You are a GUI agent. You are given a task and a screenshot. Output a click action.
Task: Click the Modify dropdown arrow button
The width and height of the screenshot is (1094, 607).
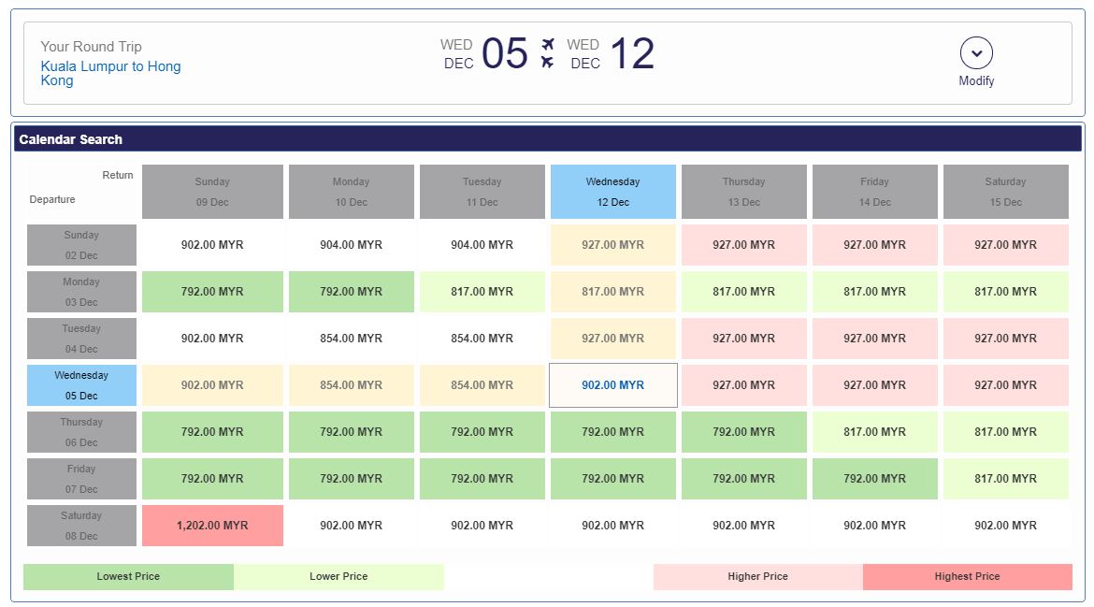976,53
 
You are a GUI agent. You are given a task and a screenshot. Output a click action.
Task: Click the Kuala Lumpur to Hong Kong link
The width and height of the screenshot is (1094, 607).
110,73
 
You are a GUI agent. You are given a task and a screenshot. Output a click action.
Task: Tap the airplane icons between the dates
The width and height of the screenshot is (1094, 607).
548,53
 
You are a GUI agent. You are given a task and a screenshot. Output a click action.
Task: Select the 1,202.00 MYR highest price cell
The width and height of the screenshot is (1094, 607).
212,526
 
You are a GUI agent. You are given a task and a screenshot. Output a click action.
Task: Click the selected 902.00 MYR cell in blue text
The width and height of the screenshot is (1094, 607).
612,385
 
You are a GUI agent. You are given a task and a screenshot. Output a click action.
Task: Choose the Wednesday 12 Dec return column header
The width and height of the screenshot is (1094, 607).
612,192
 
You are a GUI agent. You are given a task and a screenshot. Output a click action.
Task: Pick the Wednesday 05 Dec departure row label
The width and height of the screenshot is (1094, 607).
81,385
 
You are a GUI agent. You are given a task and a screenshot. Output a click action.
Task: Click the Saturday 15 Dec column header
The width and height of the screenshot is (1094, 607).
1005,192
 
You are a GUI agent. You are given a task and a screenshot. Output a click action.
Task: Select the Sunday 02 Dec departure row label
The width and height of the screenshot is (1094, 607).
81,245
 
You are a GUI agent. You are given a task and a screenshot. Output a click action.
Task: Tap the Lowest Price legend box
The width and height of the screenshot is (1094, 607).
128,577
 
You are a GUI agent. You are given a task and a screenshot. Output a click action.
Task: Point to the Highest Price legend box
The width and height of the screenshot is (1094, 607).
967,577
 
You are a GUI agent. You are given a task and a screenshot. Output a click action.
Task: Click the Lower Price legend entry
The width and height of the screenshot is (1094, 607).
338,577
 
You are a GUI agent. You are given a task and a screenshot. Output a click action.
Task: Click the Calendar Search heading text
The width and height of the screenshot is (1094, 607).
71,139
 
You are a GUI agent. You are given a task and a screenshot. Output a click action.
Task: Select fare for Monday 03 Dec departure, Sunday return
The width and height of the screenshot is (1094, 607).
212,292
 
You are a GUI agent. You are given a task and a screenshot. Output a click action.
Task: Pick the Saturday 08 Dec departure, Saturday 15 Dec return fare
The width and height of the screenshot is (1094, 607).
1005,526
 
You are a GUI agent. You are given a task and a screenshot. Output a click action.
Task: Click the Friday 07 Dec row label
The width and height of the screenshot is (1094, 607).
81,479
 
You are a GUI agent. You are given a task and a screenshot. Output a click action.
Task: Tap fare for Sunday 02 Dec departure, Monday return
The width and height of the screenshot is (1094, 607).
351,245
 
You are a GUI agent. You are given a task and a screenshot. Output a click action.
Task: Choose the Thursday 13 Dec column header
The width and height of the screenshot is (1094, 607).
743,192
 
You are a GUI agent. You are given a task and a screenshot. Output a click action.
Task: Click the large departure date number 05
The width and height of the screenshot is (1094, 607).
505,54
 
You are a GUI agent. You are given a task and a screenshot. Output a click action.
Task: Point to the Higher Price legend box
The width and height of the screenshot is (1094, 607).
757,577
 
